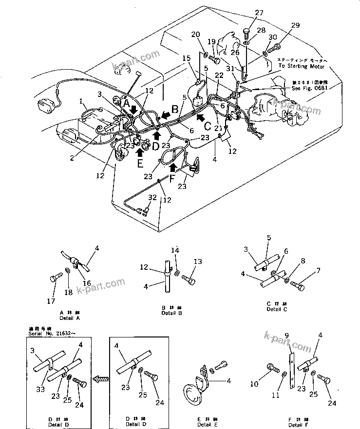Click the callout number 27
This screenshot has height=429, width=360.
[259, 13]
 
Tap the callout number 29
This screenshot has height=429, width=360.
[295, 25]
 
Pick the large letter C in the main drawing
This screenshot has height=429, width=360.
[207, 126]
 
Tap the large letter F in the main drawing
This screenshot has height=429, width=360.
[171, 178]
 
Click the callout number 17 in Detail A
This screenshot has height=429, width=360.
[51, 301]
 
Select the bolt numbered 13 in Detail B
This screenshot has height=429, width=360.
[189, 280]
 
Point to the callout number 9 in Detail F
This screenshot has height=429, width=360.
[286, 335]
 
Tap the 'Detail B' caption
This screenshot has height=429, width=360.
[171, 313]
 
